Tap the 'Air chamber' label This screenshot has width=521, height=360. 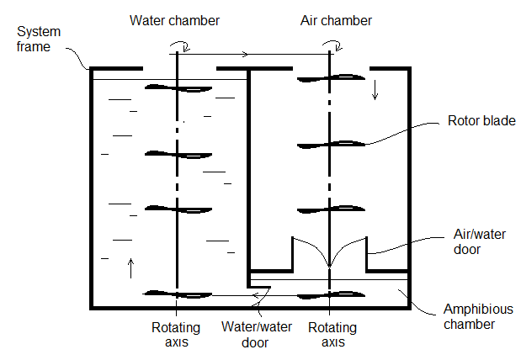[336, 19]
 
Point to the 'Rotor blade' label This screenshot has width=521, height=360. [482, 122]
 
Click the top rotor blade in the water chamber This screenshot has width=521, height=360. [178, 87]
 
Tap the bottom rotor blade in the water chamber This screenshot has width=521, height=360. [178, 294]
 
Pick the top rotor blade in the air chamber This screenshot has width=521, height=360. [330, 78]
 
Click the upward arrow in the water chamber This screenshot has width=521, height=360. [130, 267]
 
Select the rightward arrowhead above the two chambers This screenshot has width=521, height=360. [245, 55]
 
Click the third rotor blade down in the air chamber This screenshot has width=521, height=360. [330, 209]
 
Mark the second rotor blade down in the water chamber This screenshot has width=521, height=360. [178, 154]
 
